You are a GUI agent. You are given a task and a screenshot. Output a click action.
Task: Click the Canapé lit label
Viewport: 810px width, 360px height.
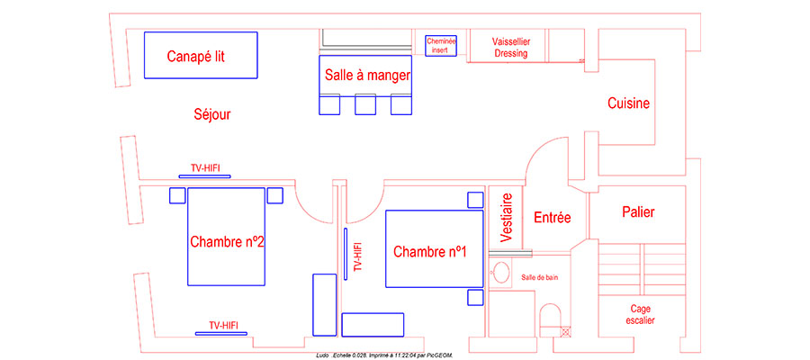195,57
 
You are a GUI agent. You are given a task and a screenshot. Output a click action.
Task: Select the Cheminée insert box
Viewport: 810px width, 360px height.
441,46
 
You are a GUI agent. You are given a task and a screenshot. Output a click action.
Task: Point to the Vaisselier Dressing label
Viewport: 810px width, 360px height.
510,48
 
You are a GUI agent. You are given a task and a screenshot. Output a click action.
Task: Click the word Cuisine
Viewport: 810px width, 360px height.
628,103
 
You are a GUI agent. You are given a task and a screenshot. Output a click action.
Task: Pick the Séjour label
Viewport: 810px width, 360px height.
212,114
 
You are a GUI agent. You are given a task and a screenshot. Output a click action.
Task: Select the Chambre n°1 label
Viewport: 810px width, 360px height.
430,251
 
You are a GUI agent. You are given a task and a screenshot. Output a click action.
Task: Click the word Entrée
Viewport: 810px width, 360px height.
553,217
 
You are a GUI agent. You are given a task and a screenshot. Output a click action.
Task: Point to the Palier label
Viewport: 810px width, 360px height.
638,212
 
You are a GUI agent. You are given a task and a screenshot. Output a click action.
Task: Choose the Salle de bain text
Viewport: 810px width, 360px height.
540,277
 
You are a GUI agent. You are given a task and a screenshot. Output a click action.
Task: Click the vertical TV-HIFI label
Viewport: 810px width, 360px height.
357,256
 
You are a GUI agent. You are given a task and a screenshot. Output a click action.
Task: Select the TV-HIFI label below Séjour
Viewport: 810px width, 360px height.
210,168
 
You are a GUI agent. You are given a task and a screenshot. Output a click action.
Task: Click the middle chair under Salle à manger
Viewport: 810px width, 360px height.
364,105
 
